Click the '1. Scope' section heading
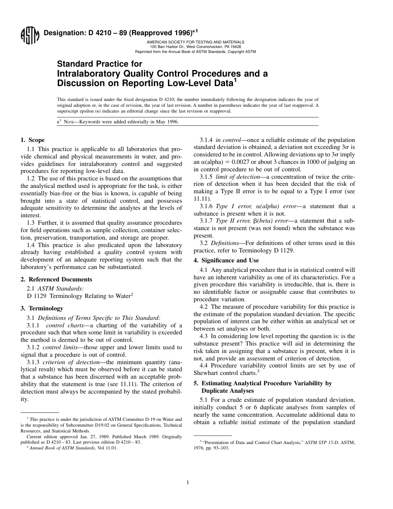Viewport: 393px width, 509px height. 33,140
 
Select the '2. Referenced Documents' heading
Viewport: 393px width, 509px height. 56,279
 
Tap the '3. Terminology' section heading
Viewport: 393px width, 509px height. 42,308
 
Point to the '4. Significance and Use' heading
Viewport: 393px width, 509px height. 226,260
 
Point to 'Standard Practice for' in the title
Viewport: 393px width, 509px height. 99,64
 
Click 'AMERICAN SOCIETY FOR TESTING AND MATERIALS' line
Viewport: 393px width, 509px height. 195,42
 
